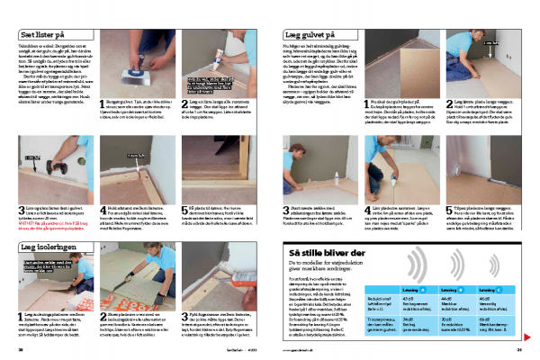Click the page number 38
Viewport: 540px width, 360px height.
pos(21,350)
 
